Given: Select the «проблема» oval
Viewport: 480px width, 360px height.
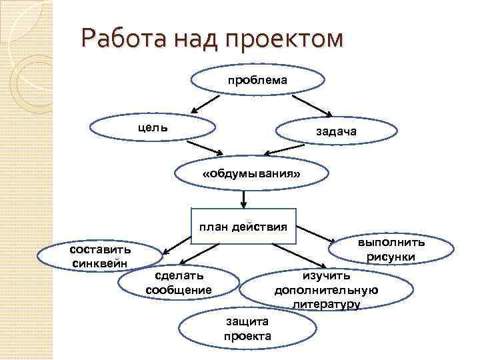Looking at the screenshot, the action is (x=257, y=80).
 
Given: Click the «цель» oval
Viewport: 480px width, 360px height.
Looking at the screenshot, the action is (x=153, y=128).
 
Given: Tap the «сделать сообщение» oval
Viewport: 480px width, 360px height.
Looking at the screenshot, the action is (x=178, y=283).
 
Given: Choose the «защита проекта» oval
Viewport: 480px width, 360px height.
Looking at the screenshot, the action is (x=247, y=329).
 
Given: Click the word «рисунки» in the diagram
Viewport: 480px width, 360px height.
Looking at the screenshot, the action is (x=391, y=257).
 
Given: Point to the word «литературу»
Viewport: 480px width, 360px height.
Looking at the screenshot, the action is (x=326, y=305).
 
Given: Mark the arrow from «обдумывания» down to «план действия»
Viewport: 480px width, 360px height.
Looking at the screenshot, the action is (x=245, y=199).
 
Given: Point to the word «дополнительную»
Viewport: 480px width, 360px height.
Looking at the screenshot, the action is (x=326, y=290).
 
